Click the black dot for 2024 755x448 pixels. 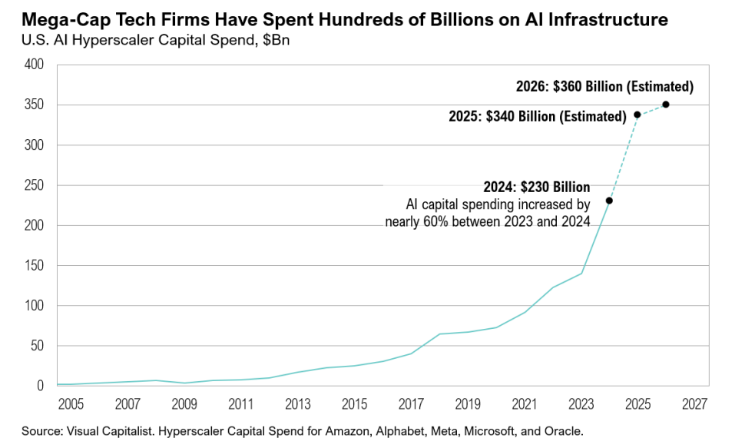pyautogui.click(x=609, y=201)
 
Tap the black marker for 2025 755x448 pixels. pyautogui.click(x=637, y=114)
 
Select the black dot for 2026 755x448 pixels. pyautogui.click(x=666, y=105)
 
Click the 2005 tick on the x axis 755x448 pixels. pyautogui.click(x=71, y=403)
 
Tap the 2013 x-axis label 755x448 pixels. pyautogui.click(x=297, y=403)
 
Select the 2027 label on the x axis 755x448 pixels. pyautogui.click(x=694, y=403)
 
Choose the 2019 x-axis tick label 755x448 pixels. pyautogui.click(x=467, y=403)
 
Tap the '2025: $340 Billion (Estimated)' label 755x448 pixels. pyautogui.click(x=537, y=117)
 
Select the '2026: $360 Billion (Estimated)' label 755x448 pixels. pyautogui.click(x=605, y=86)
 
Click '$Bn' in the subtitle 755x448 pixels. pyautogui.click(x=276, y=39)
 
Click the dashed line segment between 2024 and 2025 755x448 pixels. pyautogui.click(x=624, y=158)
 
